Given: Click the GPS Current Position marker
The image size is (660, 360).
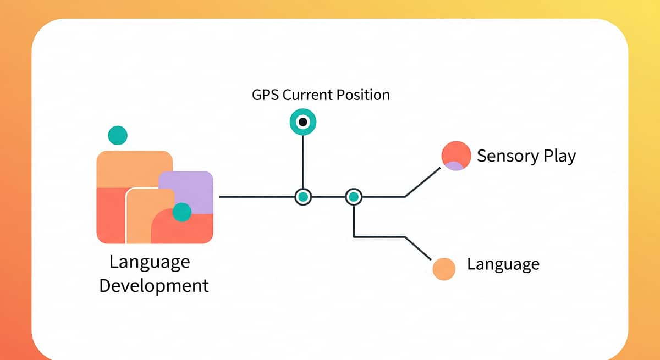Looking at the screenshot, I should (x=303, y=122).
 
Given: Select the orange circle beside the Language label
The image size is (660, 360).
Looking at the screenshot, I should (x=444, y=269).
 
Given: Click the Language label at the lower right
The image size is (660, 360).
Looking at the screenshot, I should (x=503, y=265).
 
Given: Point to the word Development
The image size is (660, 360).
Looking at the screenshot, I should (x=154, y=286).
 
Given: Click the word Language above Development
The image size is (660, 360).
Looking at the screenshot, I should (x=149, y=262).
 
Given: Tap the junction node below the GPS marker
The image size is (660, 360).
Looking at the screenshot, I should (x=303, y=196).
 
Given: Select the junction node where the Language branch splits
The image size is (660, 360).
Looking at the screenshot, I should (x=354, y=196).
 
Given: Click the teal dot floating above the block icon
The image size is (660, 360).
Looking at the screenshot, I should (x=118, y=135).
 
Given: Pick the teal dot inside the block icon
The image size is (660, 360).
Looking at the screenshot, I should (x=182, y=212).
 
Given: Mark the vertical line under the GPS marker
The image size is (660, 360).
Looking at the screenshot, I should (x=303, y=162).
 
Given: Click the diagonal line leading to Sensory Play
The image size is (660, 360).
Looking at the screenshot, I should (x=423, y=182).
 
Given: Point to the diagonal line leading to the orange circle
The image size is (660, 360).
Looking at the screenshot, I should (x=418, y=248).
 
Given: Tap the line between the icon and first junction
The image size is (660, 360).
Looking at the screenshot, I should (x=256, y=196).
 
